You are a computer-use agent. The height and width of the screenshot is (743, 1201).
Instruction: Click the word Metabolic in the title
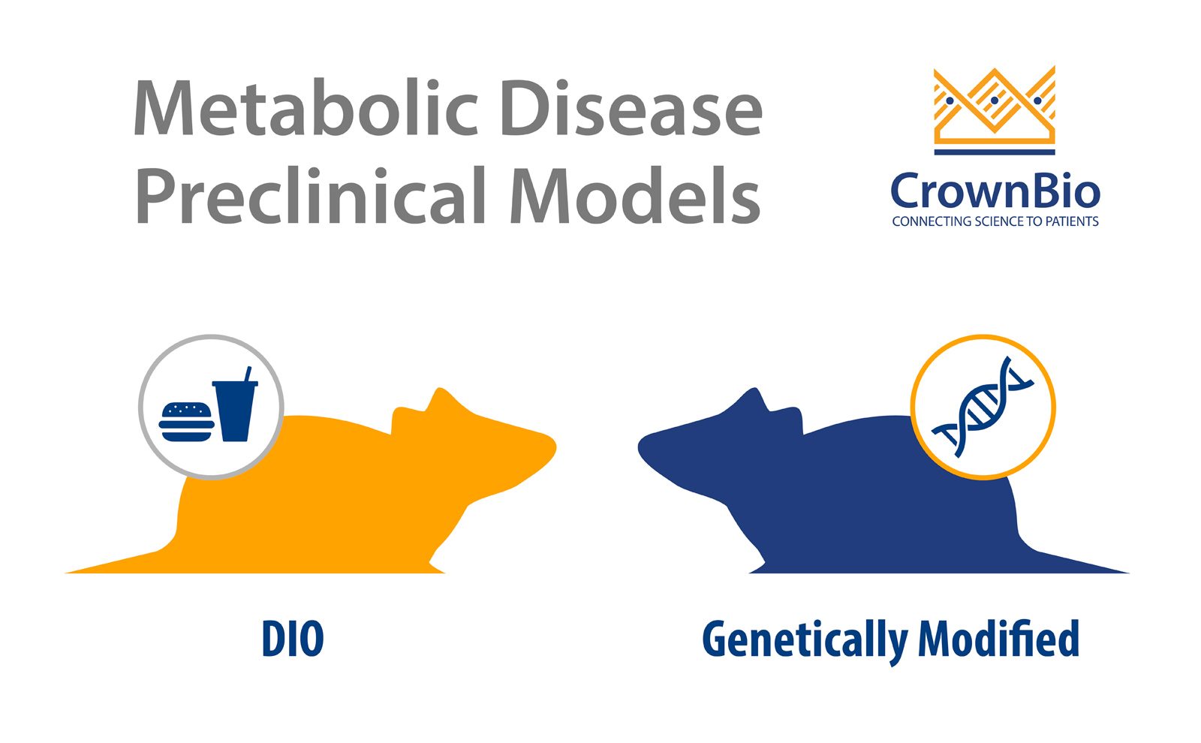pos(306,107)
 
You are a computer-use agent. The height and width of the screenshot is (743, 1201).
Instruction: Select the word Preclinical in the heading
pos(311,194)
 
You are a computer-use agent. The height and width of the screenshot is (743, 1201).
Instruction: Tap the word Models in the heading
pos(635,194)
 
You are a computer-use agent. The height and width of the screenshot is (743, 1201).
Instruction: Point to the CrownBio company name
pos(995,191)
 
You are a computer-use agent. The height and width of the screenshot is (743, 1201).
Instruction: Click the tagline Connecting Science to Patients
pos(995,221)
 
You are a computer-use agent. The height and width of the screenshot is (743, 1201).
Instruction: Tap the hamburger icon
pos(187,422)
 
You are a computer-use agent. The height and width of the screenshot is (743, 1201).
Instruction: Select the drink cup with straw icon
pos(236,405)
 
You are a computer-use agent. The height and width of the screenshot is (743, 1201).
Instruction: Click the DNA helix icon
pos(983,406)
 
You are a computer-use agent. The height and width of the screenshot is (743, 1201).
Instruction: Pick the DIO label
pos(293,639)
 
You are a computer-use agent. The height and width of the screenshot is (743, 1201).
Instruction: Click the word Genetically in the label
pos(805,641)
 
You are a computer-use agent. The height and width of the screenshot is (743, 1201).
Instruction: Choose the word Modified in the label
pos(998,638)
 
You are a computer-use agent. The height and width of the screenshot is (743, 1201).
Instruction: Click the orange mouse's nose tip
pos(555,446)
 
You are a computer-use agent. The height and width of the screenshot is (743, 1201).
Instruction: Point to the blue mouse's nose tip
pos(640,446)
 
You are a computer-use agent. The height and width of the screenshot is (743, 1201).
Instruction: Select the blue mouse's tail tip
pos(1128,573)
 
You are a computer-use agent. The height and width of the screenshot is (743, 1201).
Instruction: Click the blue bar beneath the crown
pos(995,152)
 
